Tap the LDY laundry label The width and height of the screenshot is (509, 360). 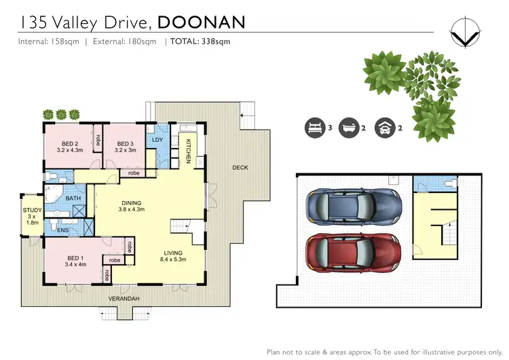157,140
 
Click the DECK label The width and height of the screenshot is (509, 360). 240,167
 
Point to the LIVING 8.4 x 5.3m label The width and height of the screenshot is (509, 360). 174,255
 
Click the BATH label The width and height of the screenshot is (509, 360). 73,198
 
